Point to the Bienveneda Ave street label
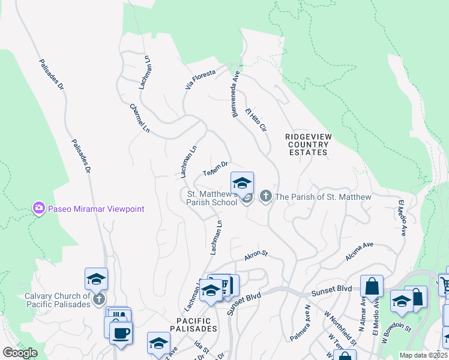[237, 95]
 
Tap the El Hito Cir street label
[255, 120]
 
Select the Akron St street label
[255, 256]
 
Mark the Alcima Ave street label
[359, 251]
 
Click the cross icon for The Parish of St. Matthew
[265, 196]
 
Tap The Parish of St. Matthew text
[323, 197]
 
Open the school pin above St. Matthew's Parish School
[242, 183]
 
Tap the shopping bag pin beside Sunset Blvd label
[372, 286]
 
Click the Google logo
[20, 353]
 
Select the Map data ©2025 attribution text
[423, 355]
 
